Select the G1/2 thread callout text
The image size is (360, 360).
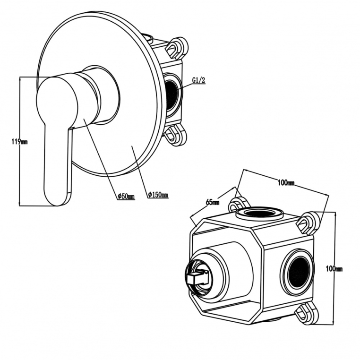198,81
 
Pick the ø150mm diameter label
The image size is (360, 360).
158,195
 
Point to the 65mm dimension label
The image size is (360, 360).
213,202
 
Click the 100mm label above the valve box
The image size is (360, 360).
286,182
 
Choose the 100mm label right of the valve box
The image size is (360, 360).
334,268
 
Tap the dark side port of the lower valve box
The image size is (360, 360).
299,272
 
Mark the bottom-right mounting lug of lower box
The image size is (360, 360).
308,313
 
